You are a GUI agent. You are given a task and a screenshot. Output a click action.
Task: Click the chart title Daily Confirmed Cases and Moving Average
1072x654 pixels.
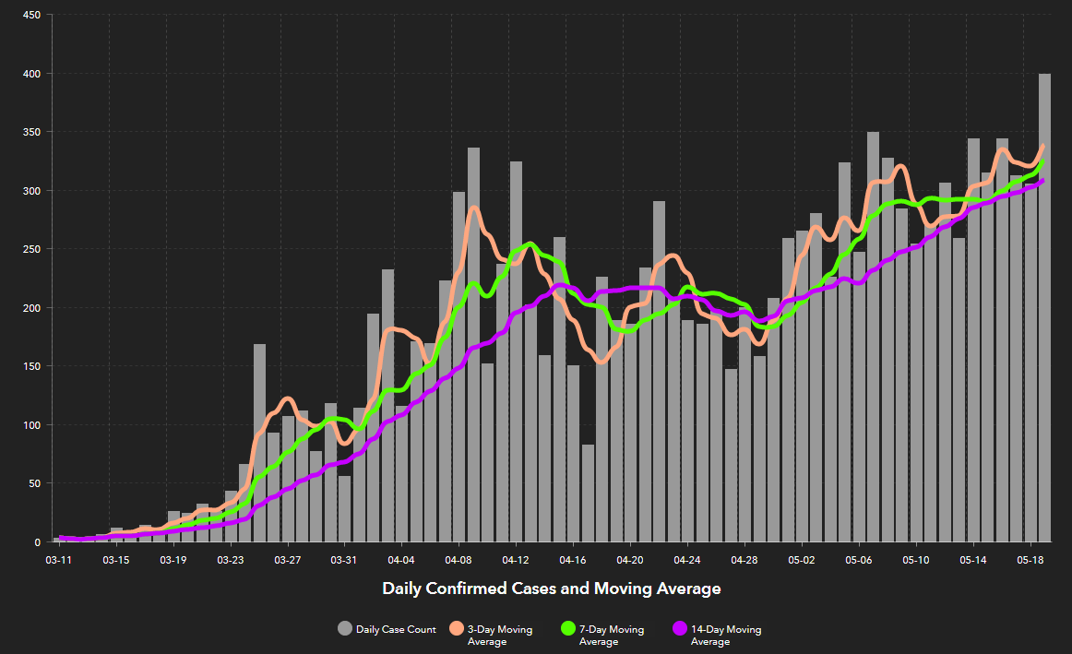pos(551,589)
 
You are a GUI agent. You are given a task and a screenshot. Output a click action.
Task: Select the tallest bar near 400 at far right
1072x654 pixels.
pos(1044,304)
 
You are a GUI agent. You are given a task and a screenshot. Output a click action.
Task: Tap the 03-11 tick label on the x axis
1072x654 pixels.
pos(59,559)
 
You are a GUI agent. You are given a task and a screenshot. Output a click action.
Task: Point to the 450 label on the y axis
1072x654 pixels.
pos(30,15)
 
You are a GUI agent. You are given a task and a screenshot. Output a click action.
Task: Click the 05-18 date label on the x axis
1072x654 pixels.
pos(1030,559)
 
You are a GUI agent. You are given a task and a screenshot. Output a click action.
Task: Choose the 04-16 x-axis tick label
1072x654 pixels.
pos(573,559)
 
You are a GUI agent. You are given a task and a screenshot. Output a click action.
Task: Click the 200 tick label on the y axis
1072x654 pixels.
pos(30,308)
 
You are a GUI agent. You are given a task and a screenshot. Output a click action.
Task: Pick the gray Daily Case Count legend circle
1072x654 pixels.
pos(344,629)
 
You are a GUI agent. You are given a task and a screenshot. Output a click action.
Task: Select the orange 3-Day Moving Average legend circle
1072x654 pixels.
pos(456,629)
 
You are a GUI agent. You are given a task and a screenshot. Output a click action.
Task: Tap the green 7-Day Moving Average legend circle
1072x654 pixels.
pos(567,629)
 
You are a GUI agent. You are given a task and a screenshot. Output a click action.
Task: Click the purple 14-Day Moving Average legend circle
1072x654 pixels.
pos(680,629)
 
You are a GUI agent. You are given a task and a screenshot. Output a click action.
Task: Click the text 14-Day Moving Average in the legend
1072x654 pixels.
pos(726,635)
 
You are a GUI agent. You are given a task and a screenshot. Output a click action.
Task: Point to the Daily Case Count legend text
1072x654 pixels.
pos(396,629)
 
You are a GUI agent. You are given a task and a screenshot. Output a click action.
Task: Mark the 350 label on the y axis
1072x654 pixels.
pos(30,132)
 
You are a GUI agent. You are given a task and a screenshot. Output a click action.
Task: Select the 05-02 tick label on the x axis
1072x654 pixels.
pos(802,559)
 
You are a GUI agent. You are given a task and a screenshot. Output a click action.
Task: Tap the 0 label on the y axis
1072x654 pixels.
pos(38,542)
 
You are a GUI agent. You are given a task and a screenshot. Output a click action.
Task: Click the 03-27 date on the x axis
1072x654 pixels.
pos(288,559)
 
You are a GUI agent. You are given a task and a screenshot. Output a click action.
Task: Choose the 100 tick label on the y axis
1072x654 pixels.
pos(30,425)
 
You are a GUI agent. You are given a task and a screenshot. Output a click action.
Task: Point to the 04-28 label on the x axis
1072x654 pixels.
pos(744,559)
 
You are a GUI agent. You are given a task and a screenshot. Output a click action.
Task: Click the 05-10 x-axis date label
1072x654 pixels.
pos(916,559)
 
